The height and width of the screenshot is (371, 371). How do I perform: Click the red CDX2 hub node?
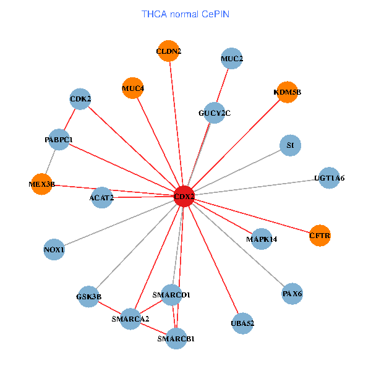pyautogui.click(x=184, y=196)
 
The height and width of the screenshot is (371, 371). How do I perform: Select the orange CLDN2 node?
pyautogui.click(x=169, y=51)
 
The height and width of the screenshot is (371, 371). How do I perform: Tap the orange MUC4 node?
pyautogui.click(x=133, y=88)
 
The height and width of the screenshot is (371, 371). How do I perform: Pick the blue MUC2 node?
pyautogui.click(x=231, y=59)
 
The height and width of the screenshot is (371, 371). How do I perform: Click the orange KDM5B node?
pyautogui.click(x=288, y=92)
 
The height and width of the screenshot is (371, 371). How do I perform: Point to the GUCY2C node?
pyautogui.click(x=214, y=113)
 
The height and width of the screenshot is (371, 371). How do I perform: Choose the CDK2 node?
pyautogui.click(x=80, y=98)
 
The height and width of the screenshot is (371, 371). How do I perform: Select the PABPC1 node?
pyautogui.click(x=59, y=140)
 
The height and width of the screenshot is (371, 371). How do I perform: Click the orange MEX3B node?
pyautogui.click(x=41, y=184)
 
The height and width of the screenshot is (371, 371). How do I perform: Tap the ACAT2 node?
pyautogui.click(x=102, y=198)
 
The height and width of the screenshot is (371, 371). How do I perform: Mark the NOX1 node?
pyautogui.click(x=54, y=249)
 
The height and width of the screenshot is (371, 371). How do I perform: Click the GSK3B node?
pyautogui.click(x=89, y=296)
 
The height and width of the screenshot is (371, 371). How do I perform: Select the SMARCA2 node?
pyautogui.click(x=130, y=318)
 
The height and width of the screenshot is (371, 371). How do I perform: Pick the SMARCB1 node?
pyautogui.click(x=176, y=338)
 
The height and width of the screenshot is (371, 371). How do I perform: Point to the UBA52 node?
pyautogui.click(x=242, y=323)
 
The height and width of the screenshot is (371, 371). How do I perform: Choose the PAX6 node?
pyautogui.click(x=292, y=293)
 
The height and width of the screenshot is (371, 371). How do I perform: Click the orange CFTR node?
pyautogui.click(x=320, y=236)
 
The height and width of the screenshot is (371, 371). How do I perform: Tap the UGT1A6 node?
pyautogui.click(x=329, y=177)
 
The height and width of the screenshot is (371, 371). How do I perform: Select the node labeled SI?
pyautogui.click(x=289, y=145)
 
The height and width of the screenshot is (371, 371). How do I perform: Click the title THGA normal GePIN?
pyautogui.click(x=185, y=14)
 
